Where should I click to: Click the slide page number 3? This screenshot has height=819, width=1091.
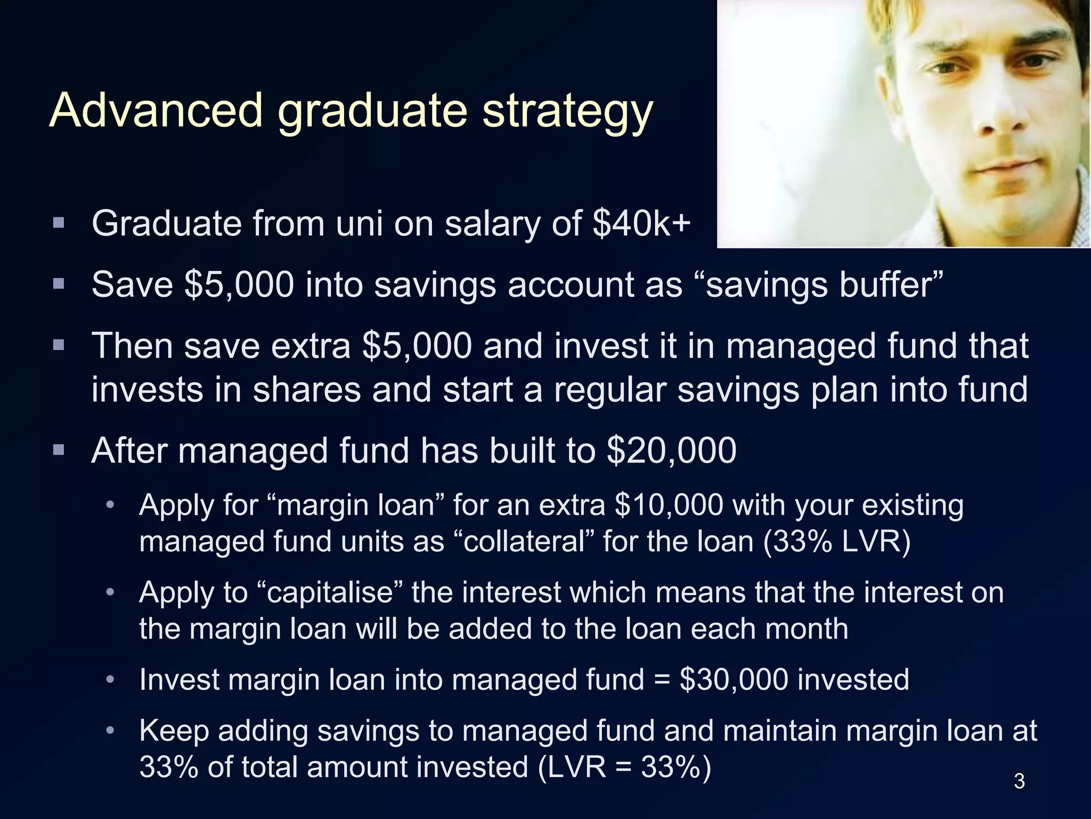[x=1019, y=781]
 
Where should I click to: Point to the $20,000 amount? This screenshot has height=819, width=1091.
[x=671, y=451]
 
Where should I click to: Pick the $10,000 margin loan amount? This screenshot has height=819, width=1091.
[x=669, y=504]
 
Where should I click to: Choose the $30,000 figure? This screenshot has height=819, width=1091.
[x=734, y=679]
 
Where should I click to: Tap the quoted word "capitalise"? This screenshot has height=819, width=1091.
[x=329, y=592]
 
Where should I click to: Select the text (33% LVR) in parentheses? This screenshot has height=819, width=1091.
[x=837, y=541]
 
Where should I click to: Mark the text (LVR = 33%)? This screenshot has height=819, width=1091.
[x=624, y=767]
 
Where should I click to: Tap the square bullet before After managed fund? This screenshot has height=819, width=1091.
[x=59, y=449]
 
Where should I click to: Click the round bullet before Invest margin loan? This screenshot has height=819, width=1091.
[x=110, y=679]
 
